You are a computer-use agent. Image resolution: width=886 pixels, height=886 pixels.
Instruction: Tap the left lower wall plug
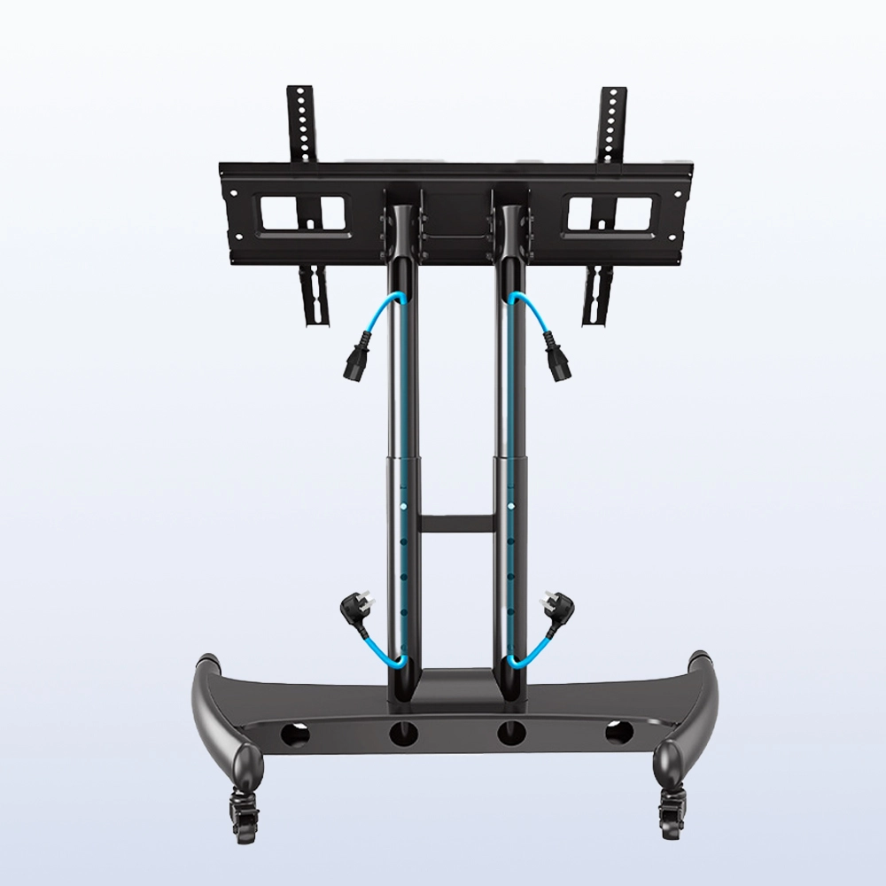tap(353, 610)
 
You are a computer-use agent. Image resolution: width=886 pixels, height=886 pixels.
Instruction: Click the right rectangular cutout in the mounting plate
tap(609, 215)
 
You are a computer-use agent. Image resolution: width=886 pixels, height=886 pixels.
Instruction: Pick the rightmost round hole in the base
tap(618, 734)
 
